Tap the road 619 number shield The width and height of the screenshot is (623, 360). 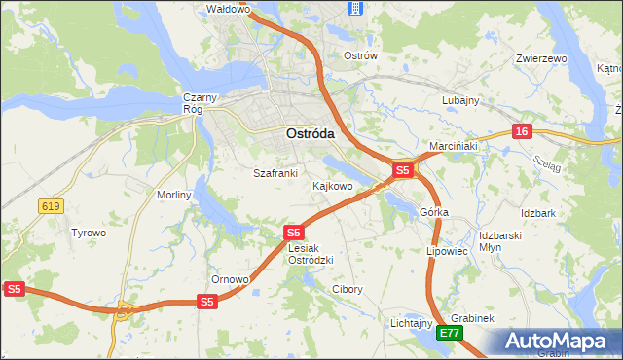(x=52, y=205)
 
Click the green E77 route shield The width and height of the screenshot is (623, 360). (x=449, y=333)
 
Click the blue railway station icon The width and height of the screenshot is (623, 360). (x=355, y=9)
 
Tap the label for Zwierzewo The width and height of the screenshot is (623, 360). (x=541, y=58)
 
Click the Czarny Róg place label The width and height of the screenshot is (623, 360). (x=199, y=103)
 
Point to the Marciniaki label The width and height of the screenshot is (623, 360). (x=453, y=146)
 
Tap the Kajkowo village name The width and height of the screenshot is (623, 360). (x=332, y=185)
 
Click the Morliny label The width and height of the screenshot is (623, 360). (x=174, y=195)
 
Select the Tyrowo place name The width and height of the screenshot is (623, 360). (x=89, y=233)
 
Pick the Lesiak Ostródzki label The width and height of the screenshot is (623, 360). (x=311, y=254)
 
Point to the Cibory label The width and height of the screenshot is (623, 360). (x=348, y=289)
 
